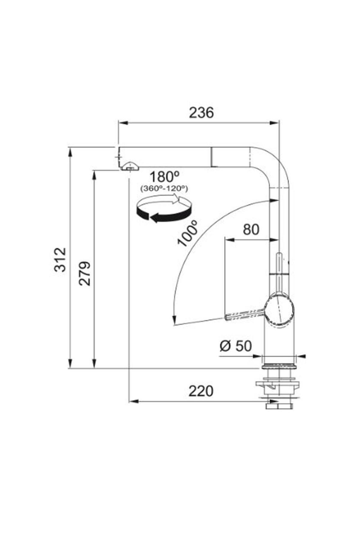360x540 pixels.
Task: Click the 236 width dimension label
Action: click(201, 112)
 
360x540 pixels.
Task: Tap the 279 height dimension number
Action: click(85, 273)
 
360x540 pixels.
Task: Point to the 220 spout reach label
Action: click(201, 391)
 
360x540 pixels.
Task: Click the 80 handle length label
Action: click(251, 229)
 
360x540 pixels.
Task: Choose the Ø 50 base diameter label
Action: click(235, 346)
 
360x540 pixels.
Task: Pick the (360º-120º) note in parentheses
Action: click(164, 189)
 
